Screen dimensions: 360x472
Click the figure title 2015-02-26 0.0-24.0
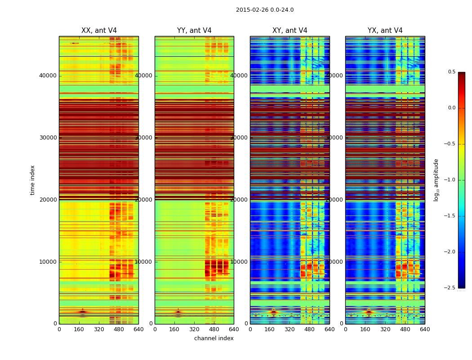click(x=265, y=10)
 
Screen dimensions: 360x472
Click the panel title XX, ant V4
click(x=99, y=31)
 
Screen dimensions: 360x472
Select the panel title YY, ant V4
click(x=194, y=31)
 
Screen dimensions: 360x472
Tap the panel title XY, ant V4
click(x=290, y=31)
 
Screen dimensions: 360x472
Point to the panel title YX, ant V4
click(x=385, y=31)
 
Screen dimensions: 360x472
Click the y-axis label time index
click(x=32, y=180)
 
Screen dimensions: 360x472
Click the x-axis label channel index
click(x=214, y=338)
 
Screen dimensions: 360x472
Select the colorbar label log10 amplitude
click(x=436, y=180)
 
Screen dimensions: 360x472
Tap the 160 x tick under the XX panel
click(x=79, y=329)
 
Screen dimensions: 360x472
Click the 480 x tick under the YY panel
click(x=214, y=329)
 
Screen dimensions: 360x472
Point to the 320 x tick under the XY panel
click(x=290, y=329)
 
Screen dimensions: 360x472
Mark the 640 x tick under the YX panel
click(x=425, y=329)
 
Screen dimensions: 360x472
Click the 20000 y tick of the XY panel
click(x=239, y=200)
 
